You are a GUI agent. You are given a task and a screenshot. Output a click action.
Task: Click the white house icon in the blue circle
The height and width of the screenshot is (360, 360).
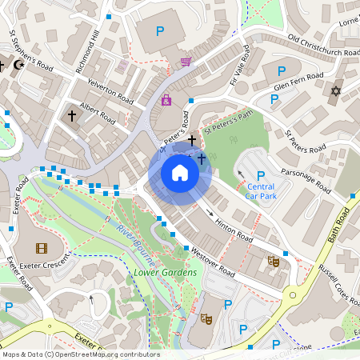pyautogui.click(x=180, y=173)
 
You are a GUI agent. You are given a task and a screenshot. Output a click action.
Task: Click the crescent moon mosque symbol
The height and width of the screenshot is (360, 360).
pyautogui.click(x=19, y=64)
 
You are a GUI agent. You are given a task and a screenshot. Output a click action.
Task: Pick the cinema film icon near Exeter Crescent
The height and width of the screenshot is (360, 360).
pyautogui.click(x=41, y=248)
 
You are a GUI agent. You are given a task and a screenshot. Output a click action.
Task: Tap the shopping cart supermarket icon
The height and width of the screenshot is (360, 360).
pyautogui.click(x=186, y=61)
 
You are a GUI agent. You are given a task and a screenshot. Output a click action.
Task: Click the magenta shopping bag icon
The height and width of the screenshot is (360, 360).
pyautogui.click(x=166, y=100)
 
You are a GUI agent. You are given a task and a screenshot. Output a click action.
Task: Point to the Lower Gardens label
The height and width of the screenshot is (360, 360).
pyautogui.click(x=165, y=273)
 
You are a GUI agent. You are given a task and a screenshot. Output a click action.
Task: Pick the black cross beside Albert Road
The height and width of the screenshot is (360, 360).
pyautogui.click(x=72, y=116)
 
